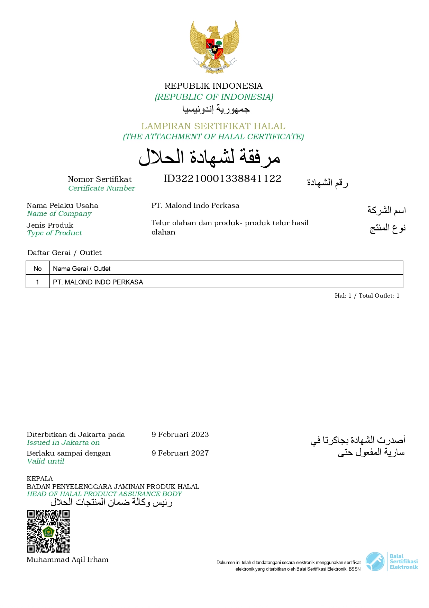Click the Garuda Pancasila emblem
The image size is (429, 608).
coord(214,46)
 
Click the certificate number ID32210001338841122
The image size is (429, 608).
coord(222,179)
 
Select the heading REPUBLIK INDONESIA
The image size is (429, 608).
coord(213,86)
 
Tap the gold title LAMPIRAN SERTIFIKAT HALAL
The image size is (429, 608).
coord(213,126)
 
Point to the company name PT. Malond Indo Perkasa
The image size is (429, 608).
coord(195,205)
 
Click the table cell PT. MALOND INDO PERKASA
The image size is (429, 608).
coord(98,282)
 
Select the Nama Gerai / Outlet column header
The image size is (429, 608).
coord(82,268)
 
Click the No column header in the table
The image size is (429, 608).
coord(37,268)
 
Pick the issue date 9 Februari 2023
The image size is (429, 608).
coord(180,434)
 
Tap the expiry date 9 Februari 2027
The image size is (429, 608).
coord(180,453)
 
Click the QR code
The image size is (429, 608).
coord(48,531)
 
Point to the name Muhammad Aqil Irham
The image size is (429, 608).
coord(67,559)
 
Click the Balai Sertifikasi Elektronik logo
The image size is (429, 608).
coord(392,562)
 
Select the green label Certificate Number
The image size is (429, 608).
coord(101,188)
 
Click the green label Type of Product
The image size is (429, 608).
coord(54,233)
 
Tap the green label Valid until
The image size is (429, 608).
coord(45,461)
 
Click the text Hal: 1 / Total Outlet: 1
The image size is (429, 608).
coord(367,296)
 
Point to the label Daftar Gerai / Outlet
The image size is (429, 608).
coord(64,253)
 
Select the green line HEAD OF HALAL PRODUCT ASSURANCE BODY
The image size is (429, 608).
coord(104,494)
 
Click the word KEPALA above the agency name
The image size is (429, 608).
coord(40,479)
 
